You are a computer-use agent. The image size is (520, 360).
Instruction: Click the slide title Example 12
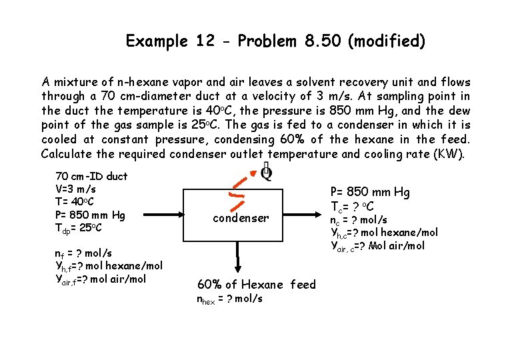click(275, 41)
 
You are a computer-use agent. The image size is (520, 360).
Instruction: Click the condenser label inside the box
click(241, 218)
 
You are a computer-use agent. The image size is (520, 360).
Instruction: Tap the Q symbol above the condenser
click(265, 173)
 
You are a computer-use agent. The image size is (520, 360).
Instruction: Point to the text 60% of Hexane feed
click(257, 285)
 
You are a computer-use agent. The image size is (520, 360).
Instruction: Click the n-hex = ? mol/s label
click(229, 298)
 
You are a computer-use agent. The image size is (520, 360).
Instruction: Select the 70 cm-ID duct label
click(91, 177)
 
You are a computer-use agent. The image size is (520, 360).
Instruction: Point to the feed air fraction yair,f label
click(100, 279)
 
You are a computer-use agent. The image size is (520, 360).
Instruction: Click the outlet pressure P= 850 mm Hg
click(371, 193)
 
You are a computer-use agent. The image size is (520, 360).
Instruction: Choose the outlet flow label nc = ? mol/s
click(359, 220)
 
